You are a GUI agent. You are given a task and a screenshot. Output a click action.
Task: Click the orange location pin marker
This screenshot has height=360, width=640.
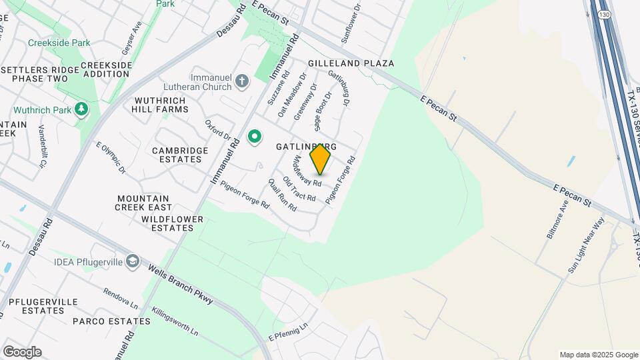tap(320, 159)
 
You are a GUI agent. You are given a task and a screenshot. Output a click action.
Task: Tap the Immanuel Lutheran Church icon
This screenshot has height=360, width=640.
tap(242, 83)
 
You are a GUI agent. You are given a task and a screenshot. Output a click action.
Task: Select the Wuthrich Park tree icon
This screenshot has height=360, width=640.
tap(81, 109)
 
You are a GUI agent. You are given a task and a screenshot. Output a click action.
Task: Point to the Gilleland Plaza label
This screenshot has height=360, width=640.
tap(351, 63)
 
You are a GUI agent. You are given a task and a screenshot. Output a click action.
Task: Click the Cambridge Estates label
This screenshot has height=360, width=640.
tap(180, 155)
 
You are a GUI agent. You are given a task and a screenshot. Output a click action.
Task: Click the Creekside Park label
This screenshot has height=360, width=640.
tap(59, 43)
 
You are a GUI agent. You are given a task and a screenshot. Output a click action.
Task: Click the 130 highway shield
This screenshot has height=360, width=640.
tap(604, 14)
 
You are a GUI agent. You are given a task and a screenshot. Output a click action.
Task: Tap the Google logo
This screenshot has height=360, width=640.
tap(22, 352)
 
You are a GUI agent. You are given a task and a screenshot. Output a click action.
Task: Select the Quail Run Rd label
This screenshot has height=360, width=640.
tap(282, 195)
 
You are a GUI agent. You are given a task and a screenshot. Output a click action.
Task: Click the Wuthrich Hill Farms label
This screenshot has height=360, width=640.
tap(160, 105)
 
